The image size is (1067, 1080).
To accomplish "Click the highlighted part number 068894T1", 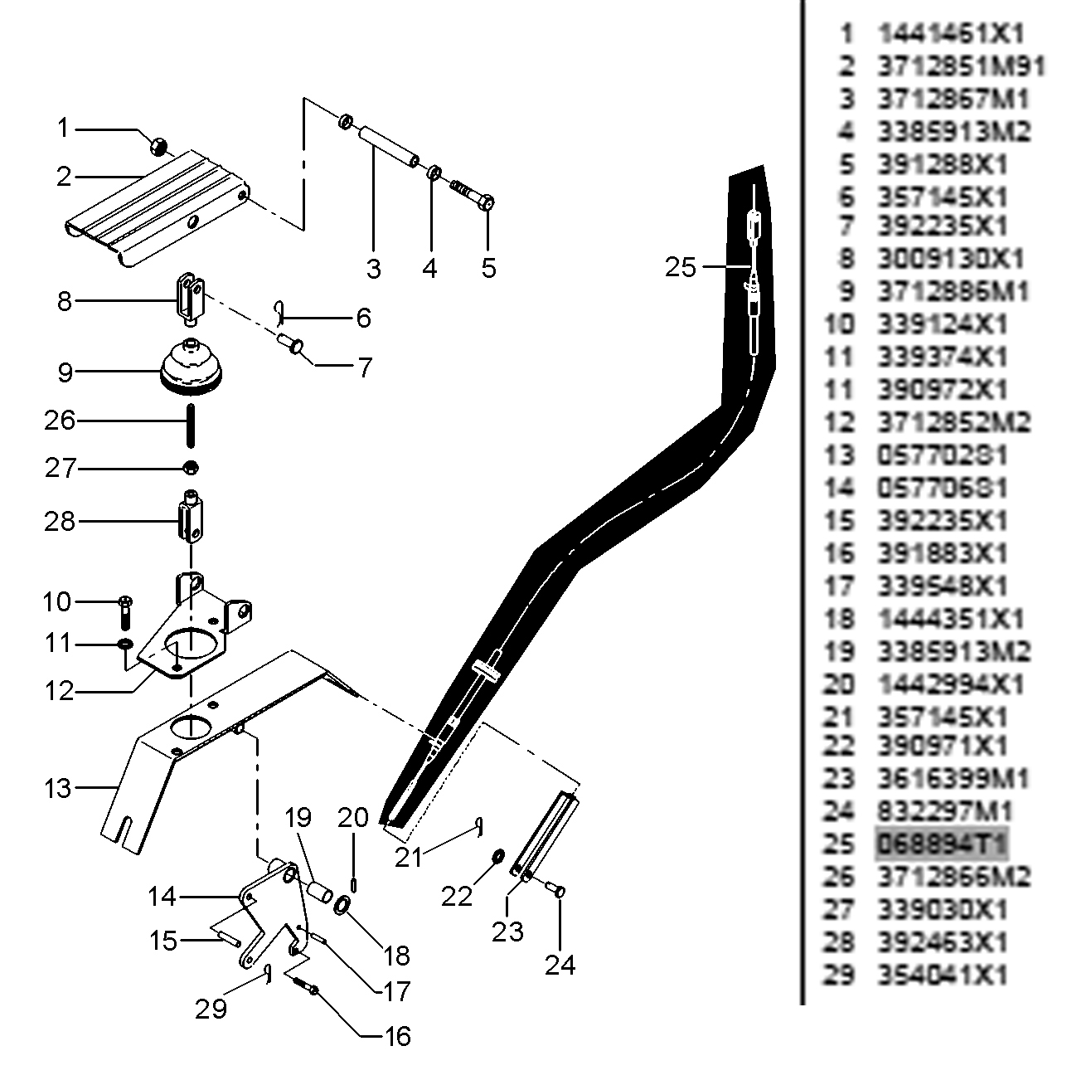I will [x=942, y=844].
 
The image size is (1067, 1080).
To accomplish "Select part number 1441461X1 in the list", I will [x=951, y=34].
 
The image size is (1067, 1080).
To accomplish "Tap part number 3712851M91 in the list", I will [x=961, y=66].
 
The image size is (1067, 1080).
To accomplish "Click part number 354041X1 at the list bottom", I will [x=943, y=975].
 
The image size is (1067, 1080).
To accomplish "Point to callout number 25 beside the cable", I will [x=681, y=268].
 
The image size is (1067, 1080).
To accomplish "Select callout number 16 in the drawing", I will [x=398, y=1036].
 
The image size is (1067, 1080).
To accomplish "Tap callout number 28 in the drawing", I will [x=60, y=522].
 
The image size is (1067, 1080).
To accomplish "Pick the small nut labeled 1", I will [x=158, y=147].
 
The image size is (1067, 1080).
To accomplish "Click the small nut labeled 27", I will [x=191, y=469].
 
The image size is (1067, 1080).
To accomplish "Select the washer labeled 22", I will [x=498, y=856].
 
